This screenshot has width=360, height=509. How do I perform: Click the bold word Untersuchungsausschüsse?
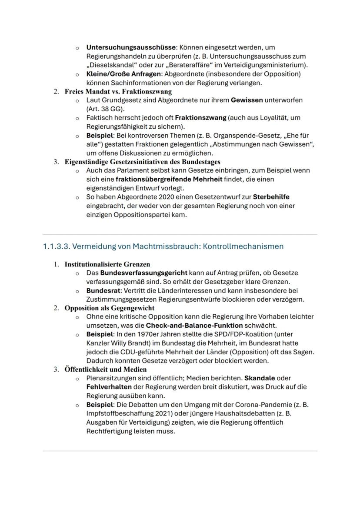pos(130,47)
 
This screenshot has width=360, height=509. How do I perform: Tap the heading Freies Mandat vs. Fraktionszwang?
pos(118,91)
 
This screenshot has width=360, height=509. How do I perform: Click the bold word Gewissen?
pos(247,100)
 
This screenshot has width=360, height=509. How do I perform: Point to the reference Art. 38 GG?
pos(105,109)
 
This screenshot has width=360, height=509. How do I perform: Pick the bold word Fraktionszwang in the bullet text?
pos(200,118)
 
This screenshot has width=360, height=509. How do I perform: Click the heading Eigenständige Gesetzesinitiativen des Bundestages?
pos(142,162)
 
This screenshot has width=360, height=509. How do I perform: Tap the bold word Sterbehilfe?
pos(271,197)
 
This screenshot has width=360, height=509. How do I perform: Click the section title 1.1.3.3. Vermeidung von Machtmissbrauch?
pos(163,246)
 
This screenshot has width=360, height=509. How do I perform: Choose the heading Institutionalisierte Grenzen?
pos(107,264)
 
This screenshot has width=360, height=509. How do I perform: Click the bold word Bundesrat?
pos(103,290)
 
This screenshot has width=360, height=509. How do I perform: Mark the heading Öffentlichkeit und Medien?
pos(106,369)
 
